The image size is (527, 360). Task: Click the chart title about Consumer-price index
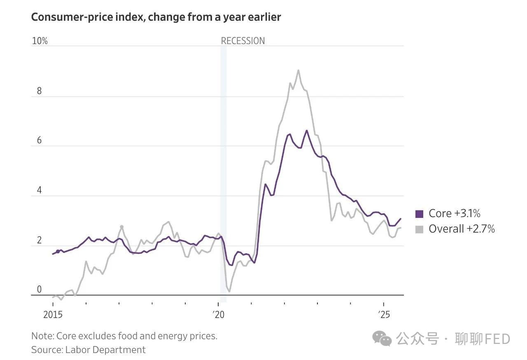tap(156, 17)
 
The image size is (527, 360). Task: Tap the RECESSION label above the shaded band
tap(243, 41)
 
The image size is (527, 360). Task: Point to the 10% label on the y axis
tap(40, 41)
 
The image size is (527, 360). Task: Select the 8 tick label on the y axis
tap(40, 91)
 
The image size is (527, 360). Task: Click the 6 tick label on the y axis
tap(40, 140)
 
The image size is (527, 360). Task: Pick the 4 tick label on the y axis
tap(40, 190)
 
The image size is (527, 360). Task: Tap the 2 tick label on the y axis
tap(40, 240)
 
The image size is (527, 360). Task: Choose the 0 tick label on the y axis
tap(40, 290)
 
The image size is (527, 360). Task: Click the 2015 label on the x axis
tap(53, 315)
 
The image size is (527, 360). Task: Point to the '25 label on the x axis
tap(384, 315)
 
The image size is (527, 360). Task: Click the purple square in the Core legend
tap(419, 214)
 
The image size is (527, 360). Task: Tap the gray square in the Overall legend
tap(419, 229)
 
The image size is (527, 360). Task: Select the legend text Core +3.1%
tap(455, 213)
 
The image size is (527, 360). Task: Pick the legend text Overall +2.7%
tap(462, 229)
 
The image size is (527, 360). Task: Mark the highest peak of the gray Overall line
tap(298, 70)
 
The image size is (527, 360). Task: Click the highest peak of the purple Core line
tap(306, 131)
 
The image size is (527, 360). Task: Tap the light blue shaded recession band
tap(223, 173)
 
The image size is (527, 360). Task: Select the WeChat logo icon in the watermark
tap(382, 339)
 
